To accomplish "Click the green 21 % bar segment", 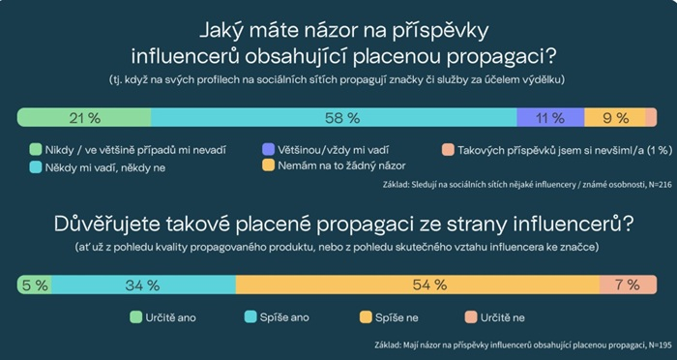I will tap(85, 117).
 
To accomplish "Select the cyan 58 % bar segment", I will tap(334, 117).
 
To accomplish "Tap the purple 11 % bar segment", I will tap(549, 117).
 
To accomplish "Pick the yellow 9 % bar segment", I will tap(613, 117).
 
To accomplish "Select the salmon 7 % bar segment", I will tap(629, 285).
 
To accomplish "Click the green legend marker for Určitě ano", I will tap(136, 316).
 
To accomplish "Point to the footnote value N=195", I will tap(642, 345).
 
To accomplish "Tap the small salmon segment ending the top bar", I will tap(651, 117).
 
